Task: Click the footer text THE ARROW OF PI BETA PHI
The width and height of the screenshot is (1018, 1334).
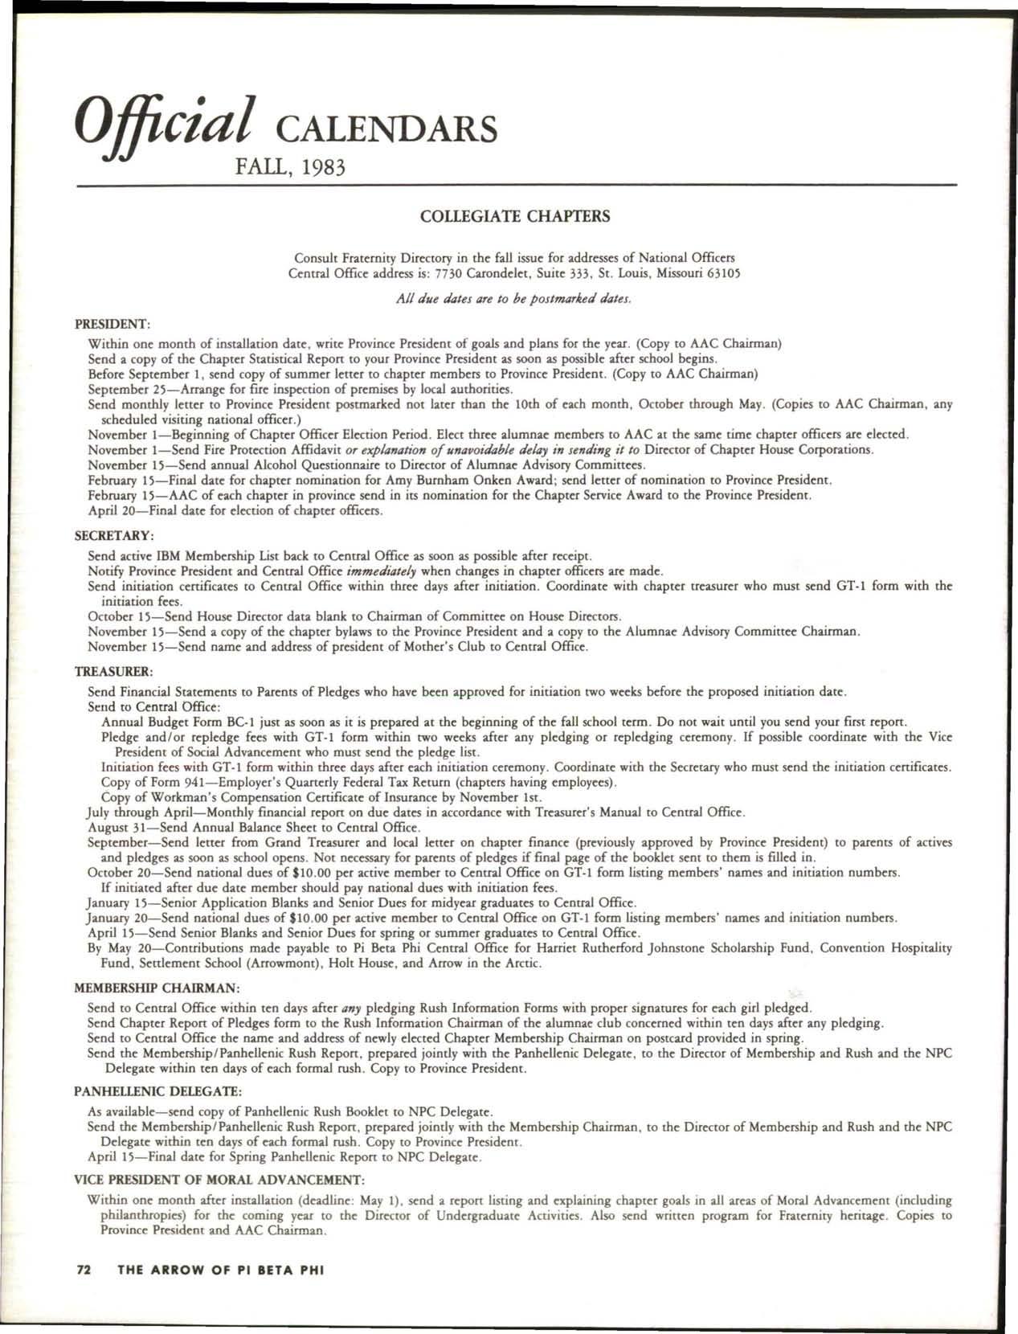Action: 220,1271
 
